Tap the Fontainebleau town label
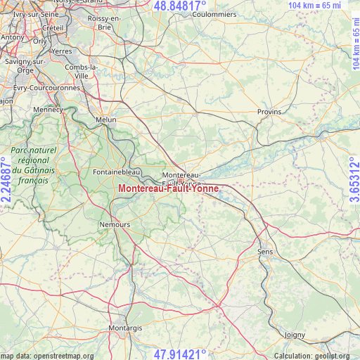[x=117, y=172]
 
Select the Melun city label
[x=106, y=120]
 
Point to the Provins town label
[x=269, y=112]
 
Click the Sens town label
[x=265, y=251]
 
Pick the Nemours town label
[x=116, y=224]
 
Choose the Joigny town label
[x=296, y=334]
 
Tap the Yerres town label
[x=62, y=51]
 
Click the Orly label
[x=39, y=41]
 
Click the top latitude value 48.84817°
[x=179, y=6]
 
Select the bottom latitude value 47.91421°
[x=179, y=354]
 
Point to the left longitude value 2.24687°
[x=7, y=180]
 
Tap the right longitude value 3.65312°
[x=353, y=180]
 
